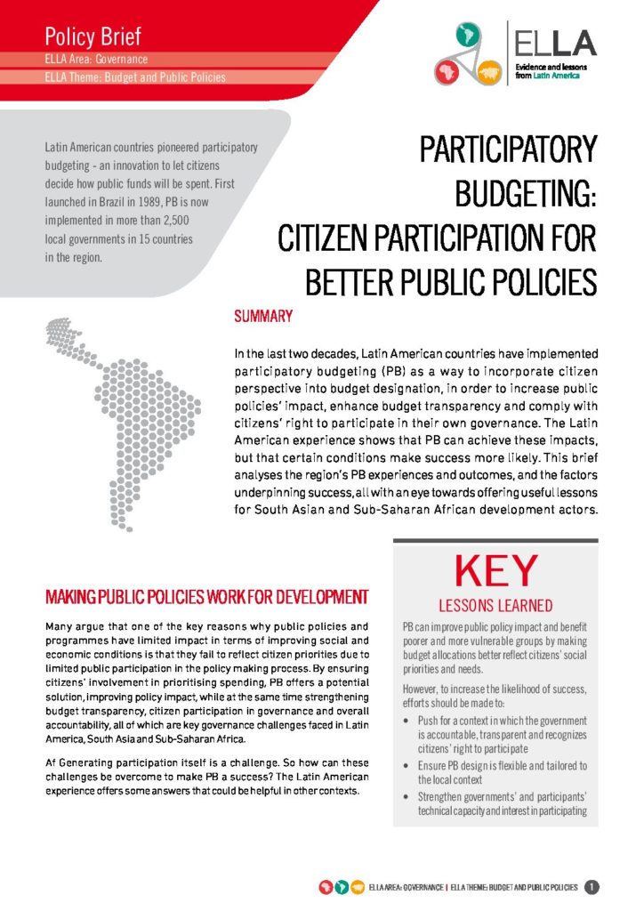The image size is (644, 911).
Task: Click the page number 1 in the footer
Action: point(592,887)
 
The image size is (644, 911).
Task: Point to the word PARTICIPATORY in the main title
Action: point(508,149)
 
